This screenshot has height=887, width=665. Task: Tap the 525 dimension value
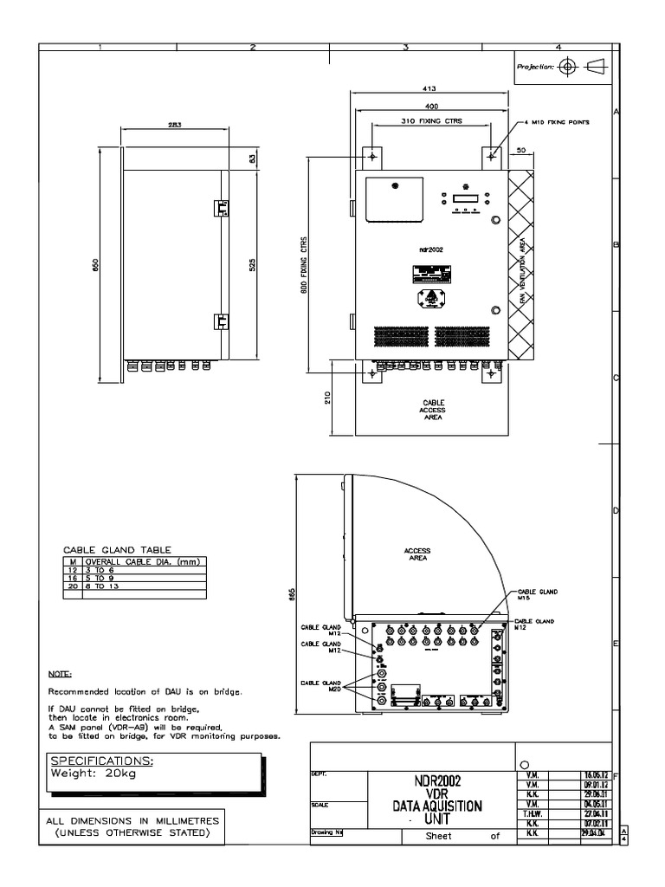[x=253, y=264]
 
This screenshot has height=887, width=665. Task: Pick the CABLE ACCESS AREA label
[x=433, y=410]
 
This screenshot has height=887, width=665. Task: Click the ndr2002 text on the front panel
[x=430, y=249]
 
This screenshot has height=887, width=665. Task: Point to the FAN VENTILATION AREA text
[x=521, y=269]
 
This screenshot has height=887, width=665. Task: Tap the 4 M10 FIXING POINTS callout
[x=555, y=123]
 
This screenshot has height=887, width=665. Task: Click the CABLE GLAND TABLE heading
[x=118, y=549]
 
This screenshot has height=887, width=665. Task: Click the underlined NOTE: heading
[x=61, y=673]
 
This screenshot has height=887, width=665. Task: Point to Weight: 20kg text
[x=94, y=774]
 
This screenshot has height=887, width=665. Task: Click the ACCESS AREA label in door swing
[x=417, y=554]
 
